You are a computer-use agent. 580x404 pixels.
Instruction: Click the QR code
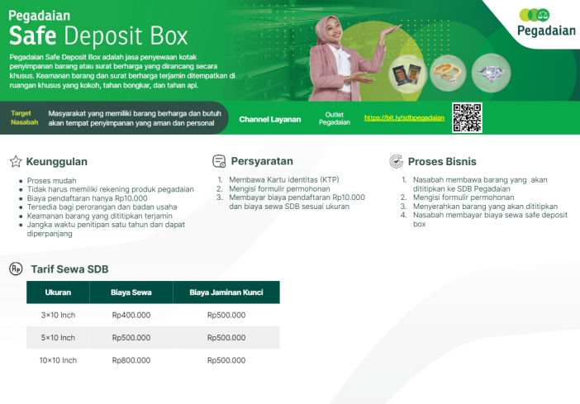(467, 117)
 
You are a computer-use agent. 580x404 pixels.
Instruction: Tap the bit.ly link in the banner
(404, 118)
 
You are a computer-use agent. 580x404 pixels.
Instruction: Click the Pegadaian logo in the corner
(546, 23)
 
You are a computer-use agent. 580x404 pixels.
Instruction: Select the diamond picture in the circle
(491, 73)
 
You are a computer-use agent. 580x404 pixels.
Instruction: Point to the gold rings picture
(448, 73)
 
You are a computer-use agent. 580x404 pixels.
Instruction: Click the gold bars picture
(407, 74)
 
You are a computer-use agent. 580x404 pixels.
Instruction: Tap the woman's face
(332, 32)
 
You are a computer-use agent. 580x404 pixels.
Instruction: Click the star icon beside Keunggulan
(16, 161)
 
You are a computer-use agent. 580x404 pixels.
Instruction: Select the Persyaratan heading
(262, 161)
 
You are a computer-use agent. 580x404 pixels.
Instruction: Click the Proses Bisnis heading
(442, 162)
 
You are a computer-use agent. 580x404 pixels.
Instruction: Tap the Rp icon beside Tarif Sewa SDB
(16, 269)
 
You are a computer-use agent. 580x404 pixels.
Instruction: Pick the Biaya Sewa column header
(131, 292)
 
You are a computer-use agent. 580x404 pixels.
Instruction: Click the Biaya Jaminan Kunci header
(226, 292)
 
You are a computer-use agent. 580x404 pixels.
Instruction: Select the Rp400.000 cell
(131, 316)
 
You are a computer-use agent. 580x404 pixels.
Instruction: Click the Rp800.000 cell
(131, 360)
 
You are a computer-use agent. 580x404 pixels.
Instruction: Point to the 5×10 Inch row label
(58, 338)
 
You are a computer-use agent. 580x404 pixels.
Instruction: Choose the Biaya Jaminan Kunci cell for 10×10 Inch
(226, 360)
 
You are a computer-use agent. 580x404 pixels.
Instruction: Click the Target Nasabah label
(25, 117)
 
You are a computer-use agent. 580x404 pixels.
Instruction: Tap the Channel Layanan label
(270, 120)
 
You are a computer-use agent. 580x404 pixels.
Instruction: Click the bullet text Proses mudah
(52, 181)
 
